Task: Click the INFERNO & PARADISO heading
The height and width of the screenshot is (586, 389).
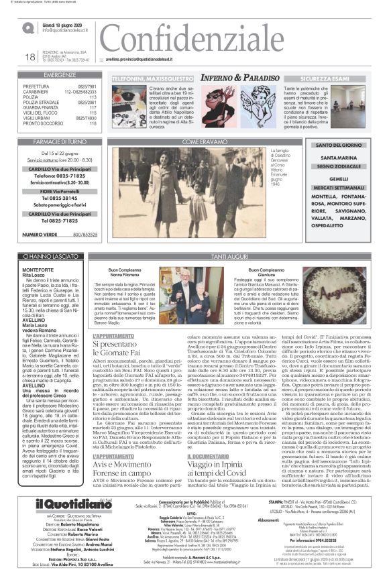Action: coord(221,78)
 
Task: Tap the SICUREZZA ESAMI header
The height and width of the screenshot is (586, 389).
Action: coord(329,78)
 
